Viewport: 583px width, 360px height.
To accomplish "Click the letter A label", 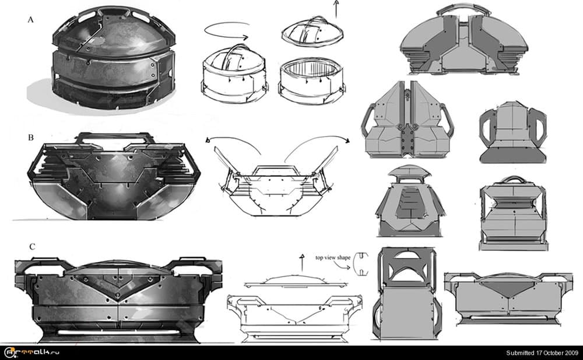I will [x=30, y=20].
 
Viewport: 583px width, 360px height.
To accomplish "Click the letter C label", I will [x=32, y=247].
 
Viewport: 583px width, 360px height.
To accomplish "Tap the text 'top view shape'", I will [x=334, y=257].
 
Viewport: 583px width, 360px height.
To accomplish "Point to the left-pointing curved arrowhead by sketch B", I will [x=209, y=140].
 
